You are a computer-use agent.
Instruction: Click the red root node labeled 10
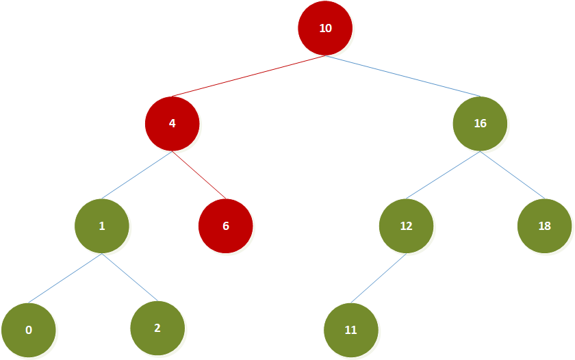point(325,29)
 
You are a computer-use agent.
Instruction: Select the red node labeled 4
point(172,124)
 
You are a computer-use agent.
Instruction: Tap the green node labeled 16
point(480,124)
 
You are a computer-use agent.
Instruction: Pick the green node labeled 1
point(102,226)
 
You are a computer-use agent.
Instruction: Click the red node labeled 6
point(225,226)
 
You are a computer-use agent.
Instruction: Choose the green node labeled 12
point(407,226)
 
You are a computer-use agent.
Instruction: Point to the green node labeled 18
point(544,226)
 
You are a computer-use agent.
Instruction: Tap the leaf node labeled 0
point(29,330)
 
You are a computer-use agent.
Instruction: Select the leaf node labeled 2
point(157,328)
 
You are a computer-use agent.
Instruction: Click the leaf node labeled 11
point(351,330)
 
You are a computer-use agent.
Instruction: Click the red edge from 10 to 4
point(248,76)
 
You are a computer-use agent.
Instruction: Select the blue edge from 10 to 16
point(402,76)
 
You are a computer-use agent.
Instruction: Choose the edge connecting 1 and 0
point(65,279)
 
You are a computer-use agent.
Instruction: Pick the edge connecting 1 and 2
point(130,278)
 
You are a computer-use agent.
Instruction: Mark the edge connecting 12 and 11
point(379,279)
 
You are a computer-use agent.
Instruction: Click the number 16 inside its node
point(480,124)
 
